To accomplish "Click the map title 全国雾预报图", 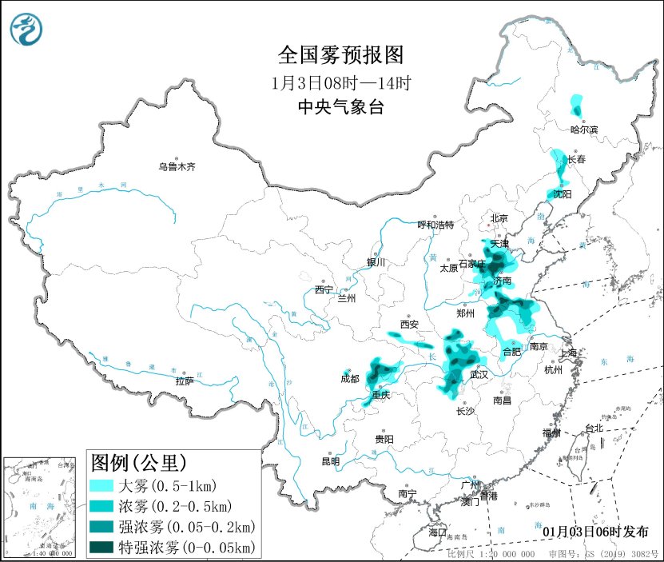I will [340, 54].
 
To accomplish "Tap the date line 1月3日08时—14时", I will [340, 82].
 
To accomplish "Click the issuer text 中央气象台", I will [340, 107].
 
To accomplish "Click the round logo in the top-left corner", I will [27, 29].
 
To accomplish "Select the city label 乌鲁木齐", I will [177, 167].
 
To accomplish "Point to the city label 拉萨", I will [185, 381].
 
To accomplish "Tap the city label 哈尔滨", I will [584, 129].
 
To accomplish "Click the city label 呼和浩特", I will [435, 225].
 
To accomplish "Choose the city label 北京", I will [499, 218].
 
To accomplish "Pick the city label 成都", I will [350, 379].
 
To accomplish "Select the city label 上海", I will [570, 352].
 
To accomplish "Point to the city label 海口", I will [436, 532].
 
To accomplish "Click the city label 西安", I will [409, 325].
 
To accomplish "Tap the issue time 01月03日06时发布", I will [595, 532].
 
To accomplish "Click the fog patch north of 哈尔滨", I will [576, 105].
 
